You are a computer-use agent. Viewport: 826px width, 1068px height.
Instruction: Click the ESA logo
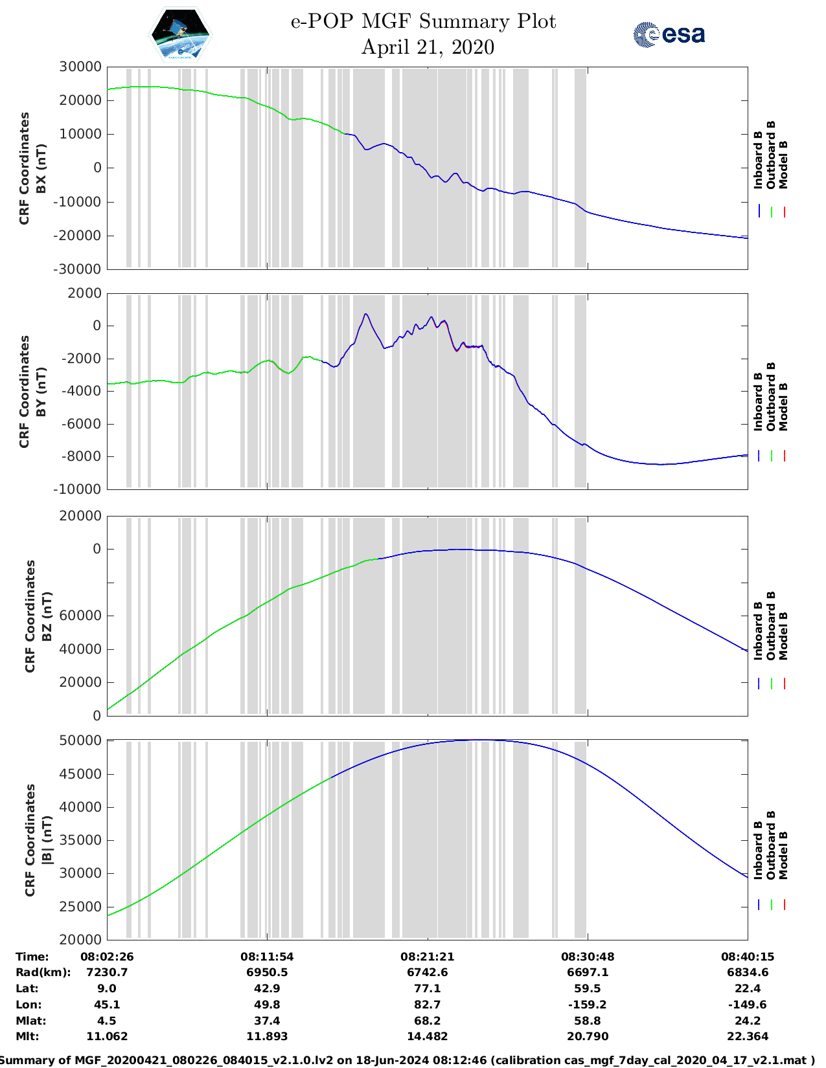click(x=669, y=34)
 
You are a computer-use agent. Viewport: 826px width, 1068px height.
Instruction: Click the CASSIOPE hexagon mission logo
click(x=181, y=34)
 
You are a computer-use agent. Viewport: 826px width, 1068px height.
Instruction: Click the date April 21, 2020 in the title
click(x=427, y=47)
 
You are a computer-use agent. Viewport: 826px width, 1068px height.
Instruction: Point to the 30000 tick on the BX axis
click(x=80, y=67)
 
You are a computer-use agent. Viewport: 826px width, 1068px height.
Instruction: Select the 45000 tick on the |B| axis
click(x=80, y=774)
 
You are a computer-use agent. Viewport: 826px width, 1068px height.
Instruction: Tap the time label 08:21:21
click(x=427, y=957)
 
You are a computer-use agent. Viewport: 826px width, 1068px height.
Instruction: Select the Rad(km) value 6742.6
click(x=427, y=972)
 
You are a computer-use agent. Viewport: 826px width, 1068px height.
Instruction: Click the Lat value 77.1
click(x=427, y=988)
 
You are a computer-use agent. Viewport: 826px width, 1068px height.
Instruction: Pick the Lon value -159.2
click(x=588, y=1005)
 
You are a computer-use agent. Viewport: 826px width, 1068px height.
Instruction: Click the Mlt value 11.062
click(x=106, y=1036)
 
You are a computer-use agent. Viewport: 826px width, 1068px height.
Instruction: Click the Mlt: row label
click(x=27, y=1036)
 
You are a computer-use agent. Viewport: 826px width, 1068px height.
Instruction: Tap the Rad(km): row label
click(x=43, y=972)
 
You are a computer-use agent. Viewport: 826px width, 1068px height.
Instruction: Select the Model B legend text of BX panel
click(x=783, y=164)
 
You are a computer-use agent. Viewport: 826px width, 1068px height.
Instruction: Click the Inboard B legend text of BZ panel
click(x=758, y=630)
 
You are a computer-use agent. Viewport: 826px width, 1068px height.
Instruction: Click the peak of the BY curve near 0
click(x=365, y=314)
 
